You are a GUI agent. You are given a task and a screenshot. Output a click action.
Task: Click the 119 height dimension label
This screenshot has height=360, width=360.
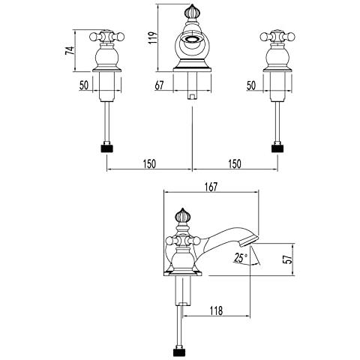[153, 37]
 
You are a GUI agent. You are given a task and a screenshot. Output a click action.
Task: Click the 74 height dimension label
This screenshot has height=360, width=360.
[70, 50]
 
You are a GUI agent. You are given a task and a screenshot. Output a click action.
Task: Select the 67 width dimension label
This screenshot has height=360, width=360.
[160, 85]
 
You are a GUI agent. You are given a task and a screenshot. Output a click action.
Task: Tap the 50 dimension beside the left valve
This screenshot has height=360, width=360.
[84, 85]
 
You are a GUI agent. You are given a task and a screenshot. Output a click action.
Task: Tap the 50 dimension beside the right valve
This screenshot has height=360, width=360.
[251, 85]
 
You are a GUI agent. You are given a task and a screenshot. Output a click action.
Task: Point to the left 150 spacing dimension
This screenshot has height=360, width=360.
[149, 163]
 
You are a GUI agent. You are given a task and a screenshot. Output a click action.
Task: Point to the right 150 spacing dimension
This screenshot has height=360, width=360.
[235, 163]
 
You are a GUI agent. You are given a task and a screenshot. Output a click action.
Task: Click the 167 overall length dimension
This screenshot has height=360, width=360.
[211, 187]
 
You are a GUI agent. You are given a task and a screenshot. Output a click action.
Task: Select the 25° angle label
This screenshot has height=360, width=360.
[241, 258]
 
